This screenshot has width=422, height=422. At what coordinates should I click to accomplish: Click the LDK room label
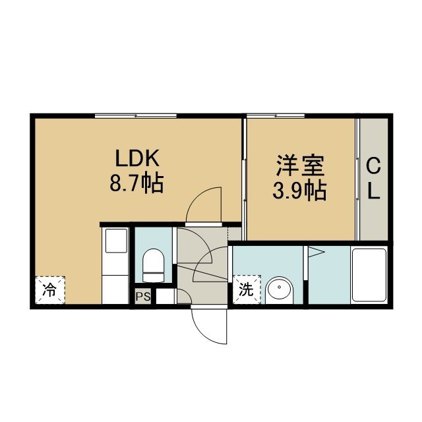(137, 158)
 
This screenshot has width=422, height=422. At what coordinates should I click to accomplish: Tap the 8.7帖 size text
(136, 183)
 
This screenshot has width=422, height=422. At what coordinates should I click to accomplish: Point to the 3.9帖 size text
(299, 191)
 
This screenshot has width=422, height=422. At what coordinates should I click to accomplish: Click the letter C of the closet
(374, 167)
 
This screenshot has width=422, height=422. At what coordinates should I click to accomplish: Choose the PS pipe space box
(142, 297)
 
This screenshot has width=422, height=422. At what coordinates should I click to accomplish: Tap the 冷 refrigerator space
(50, 290)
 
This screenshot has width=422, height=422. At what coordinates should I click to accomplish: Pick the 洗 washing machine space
(247, 289)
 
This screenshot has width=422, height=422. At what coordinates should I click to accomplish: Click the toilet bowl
(153, 265)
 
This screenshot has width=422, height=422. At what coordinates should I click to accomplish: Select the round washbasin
(280, 291)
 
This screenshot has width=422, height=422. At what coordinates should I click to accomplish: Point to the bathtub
(369, 275)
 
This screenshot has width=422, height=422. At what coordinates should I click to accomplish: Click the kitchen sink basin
(116, 241)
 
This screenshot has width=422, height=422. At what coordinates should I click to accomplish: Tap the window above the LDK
(136, 116)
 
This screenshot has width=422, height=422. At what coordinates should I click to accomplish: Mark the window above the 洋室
(276, 116)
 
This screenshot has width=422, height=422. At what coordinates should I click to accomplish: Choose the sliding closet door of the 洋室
(357, 179)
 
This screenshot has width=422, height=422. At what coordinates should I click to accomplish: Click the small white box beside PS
(165, 297)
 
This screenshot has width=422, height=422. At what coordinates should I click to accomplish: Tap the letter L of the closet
(374, 191)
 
